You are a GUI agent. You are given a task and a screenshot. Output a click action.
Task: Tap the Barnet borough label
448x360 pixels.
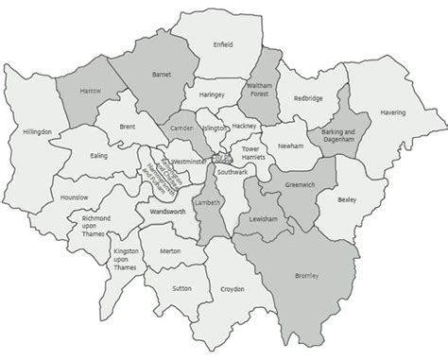[x=160, y=73]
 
